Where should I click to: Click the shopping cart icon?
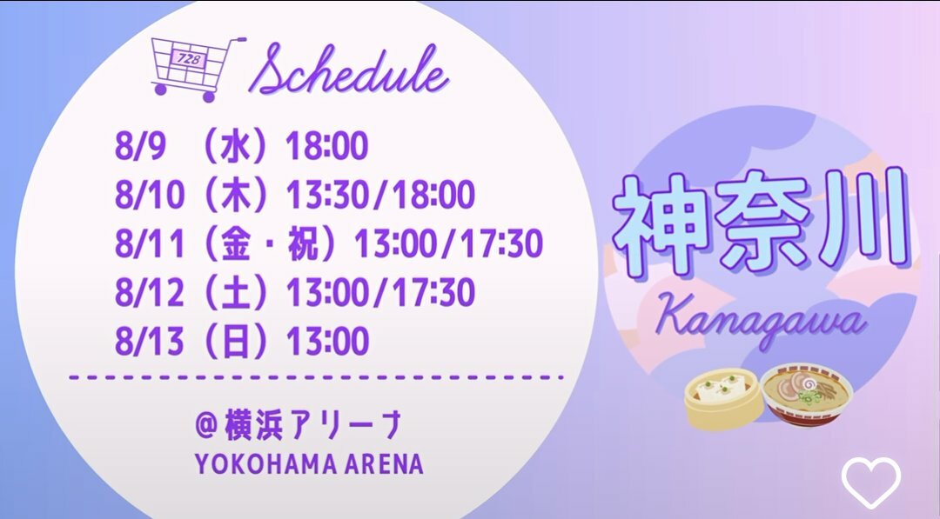tap(197, 68)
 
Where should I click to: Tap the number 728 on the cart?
tap(189, 59)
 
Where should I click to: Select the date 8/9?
tap(139, 146)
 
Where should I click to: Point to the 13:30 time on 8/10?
tap(328, 195)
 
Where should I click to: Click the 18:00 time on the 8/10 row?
tap(432, 195)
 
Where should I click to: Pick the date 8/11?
tap(150, 243)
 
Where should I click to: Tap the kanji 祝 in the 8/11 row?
tap(303, 243)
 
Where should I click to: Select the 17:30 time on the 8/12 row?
tap(433, 293)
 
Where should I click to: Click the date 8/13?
tap(150, 341)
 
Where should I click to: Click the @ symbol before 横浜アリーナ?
tap(205, 425)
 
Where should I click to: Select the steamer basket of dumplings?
tap(725, 399)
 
